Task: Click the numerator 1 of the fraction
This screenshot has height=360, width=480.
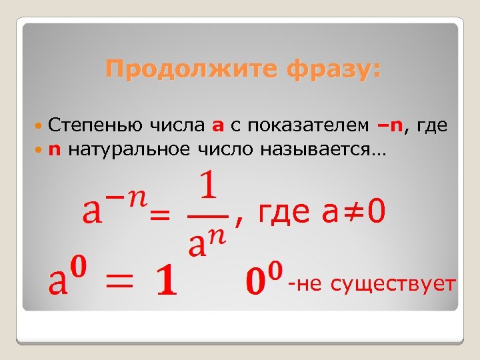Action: (209, 186)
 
